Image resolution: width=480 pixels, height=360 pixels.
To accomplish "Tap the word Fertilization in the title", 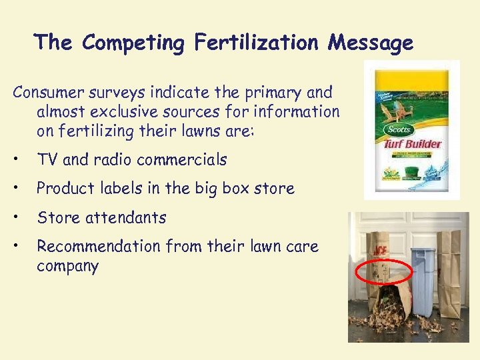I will click(257, 43).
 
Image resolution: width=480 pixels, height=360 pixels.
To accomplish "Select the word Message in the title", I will click(371, 43).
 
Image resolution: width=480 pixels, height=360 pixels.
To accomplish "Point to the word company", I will click(67, 267).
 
